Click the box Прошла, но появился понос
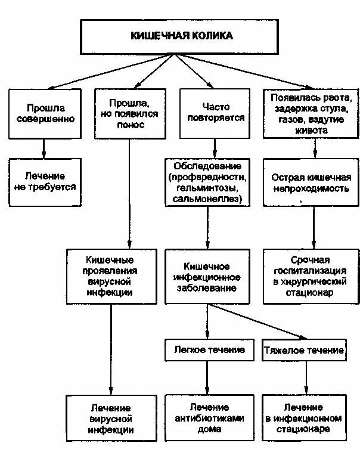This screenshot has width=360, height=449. point(129,113)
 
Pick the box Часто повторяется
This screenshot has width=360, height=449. point(207,113)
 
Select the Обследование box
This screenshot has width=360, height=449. point(207,182)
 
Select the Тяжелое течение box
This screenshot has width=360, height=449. point(304,350)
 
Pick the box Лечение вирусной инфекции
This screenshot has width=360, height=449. point(112,418)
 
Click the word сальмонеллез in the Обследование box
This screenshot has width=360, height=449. point(206,199)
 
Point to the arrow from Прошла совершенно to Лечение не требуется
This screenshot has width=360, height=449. point(43,147)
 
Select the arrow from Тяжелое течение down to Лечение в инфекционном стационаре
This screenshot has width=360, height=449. point(306,377)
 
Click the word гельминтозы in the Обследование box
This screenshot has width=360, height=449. point(206,188)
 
